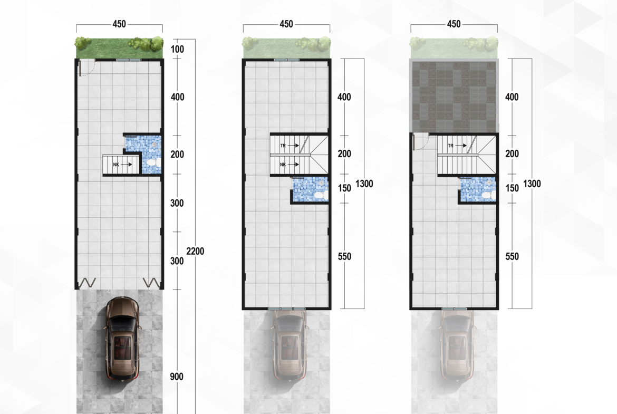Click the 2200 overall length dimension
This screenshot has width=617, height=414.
tap(195, 251)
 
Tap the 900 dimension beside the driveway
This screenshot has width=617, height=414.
tap(177, 377)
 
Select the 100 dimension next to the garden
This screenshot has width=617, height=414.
tap(178, 49)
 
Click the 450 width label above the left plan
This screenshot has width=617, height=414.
tap(119, 24)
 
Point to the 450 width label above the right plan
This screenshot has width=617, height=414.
tap(454, 24)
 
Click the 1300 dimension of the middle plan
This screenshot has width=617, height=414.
tap(364, 184)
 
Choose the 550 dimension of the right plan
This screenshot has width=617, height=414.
tap(512, 257)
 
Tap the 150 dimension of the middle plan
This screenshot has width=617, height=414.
tap(344, 188)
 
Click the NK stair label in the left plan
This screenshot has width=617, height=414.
tap(116, 165)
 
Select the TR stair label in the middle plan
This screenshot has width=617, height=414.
tap(283, 146)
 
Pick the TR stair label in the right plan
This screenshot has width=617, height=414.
tap(450, 146)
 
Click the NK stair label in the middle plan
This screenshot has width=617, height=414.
tap(283, 165)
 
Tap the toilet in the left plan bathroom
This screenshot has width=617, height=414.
tap(153, 162)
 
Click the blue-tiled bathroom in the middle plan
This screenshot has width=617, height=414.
tap(310, 189)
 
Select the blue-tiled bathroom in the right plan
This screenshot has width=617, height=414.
tap(478, 189)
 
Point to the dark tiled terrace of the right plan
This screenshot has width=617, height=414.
tap(454, 95)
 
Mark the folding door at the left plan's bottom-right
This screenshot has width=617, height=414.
tap(151, 283)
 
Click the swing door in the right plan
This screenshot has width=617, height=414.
tap(420, 142)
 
